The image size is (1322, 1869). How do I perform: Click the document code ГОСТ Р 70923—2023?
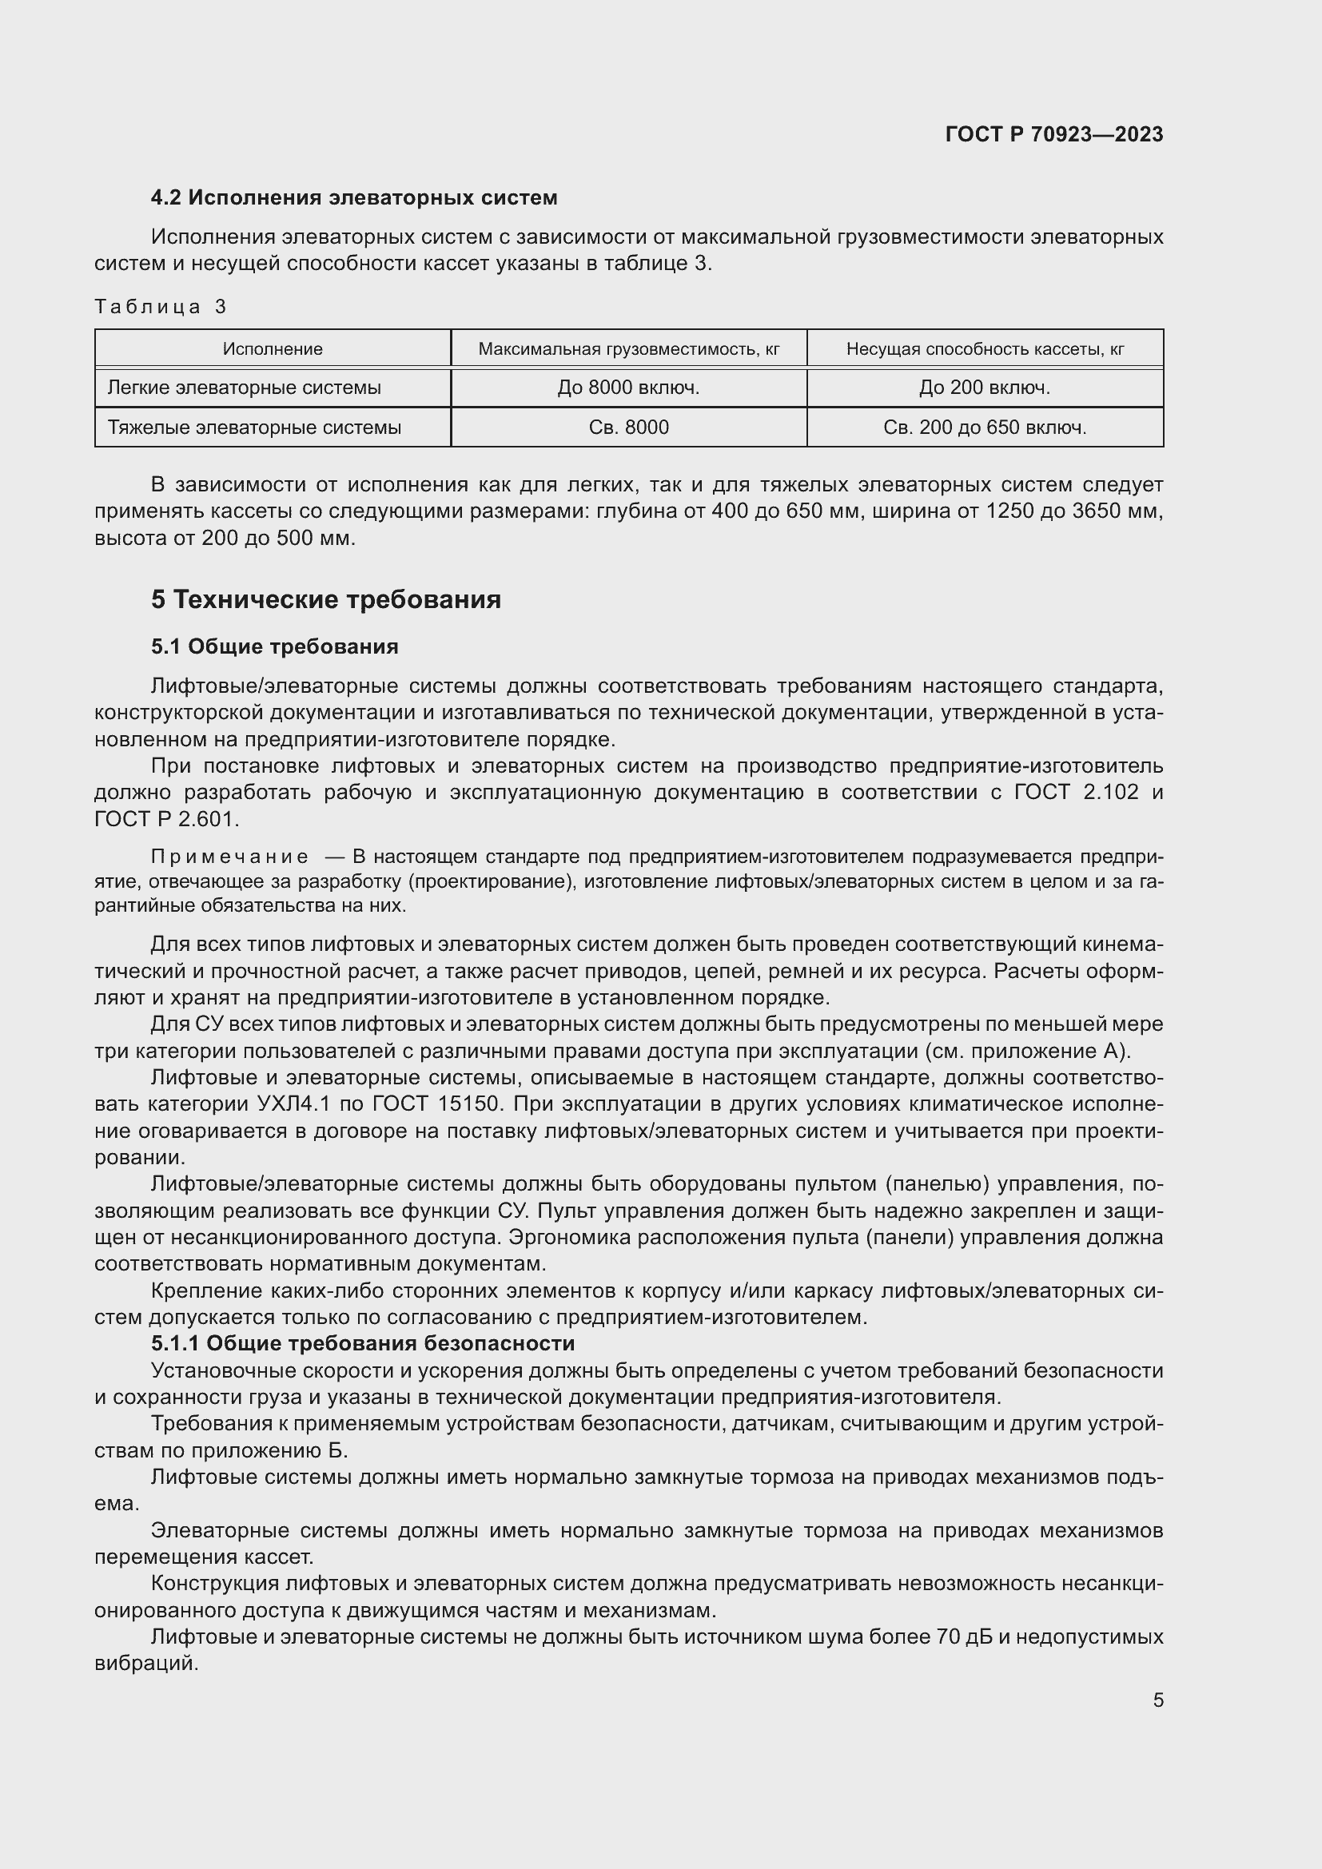pos(1054,134)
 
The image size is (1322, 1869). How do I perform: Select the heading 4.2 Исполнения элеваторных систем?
pos(354,198)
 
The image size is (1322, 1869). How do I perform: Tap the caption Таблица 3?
pos(161,307)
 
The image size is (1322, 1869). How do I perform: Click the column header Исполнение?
pos(273,349)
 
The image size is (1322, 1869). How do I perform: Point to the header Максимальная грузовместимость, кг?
pos(628,349)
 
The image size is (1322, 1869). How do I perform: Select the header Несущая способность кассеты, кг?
pos(985,349)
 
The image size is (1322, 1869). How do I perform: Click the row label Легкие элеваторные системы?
pos(245,388)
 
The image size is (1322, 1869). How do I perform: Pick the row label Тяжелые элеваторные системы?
pos(254,427)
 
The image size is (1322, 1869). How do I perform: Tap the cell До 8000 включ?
pos(628,388)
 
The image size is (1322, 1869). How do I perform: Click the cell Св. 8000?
pos(628,427)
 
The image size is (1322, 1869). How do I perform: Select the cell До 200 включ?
pos(985,388)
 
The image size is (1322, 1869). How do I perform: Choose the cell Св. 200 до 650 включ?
pos(985,427)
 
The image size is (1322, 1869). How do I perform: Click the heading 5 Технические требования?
pos(325,600)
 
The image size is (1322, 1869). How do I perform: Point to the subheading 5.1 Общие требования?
pos(274,646)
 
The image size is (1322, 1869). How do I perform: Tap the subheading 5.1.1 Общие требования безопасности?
pos(363,1343)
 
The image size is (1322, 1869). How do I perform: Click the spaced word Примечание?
pos(229,857)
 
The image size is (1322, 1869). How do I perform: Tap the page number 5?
pos(1157,1700)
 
